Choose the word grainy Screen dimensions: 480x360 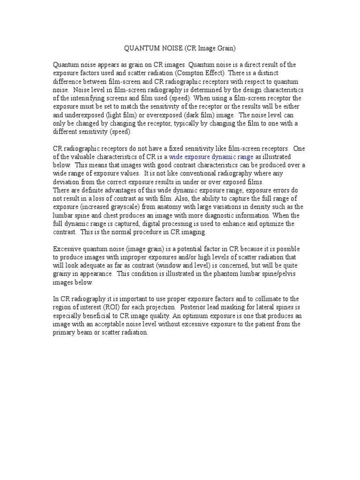click(63, 274)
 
